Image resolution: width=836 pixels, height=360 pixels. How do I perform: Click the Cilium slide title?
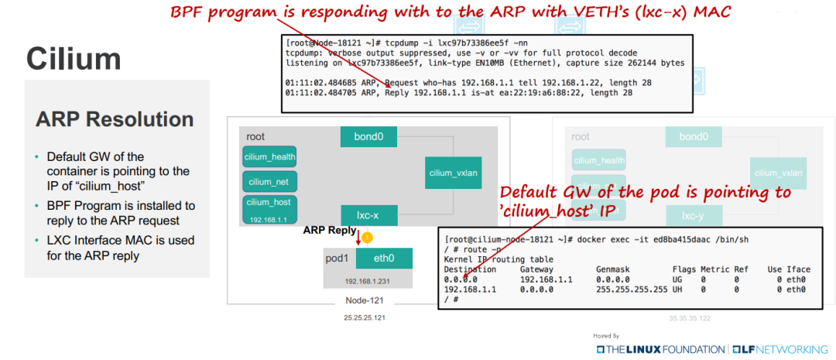pyautogui.click(x=74, y=59)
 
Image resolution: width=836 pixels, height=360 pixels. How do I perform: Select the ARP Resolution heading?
pyautogui.click(x=115, y=119)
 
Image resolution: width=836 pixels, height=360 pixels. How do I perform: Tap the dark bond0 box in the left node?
pyautogui.click(x=368, y=137)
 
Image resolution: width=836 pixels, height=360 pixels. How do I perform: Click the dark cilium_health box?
pyautogui.click(x=269, y=156)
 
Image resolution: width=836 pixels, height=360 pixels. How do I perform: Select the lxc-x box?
pyautogui.click(x=368, y=214)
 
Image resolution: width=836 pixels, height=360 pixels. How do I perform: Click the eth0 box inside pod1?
pyautogui.click(x=384, y=259)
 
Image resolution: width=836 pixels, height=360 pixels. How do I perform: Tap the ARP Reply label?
pyautogui.click(x=330, y=230)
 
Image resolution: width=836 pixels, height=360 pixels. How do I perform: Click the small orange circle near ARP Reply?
pyautogui.click(x=368, y=238)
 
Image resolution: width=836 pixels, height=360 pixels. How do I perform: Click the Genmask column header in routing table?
pyautogui.click(x=613, y=269)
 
